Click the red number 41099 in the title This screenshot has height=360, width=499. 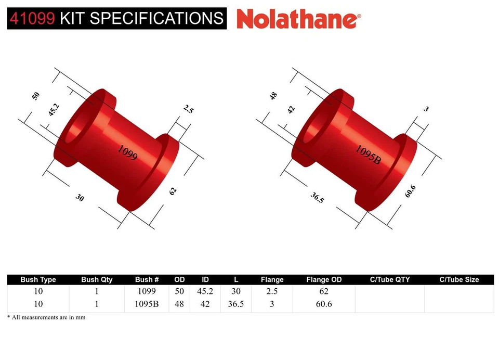pos(32,18)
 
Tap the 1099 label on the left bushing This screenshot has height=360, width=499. pos(127,152)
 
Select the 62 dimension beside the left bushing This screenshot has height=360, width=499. pos(173,191)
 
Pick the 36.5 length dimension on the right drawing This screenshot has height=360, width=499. pos(317,197)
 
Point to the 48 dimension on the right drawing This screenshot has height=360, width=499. pos(273,96)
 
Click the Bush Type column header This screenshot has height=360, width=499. pos(37,279)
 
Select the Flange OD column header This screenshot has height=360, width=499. pos(324,279)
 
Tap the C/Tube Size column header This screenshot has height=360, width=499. pos(459,279)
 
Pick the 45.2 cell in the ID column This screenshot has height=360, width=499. pos(205,292)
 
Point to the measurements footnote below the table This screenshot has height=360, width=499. pos(46,317)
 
